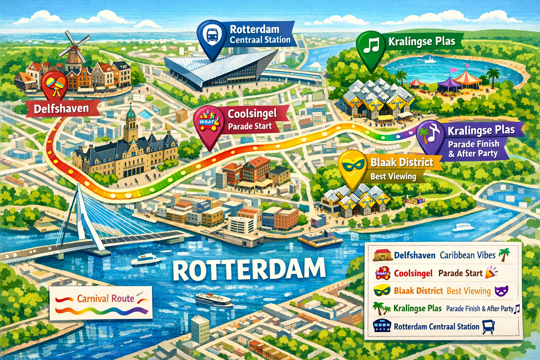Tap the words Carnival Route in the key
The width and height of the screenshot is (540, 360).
tap(105, 298)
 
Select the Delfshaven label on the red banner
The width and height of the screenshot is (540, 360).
tap(62, 109)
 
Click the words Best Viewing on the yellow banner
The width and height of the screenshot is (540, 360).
tap(393, 176)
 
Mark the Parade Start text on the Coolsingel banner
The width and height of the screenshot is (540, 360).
tap(250, 126)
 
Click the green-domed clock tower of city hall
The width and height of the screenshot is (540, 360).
tap(131, 121)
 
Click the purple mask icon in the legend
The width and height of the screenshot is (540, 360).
tap(501, 291)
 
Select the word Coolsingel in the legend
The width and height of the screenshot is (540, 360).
tap(413, 273)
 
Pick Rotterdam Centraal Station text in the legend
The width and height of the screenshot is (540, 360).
tap(436, 327)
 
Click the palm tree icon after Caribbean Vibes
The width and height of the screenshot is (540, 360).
tap(504, 255)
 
